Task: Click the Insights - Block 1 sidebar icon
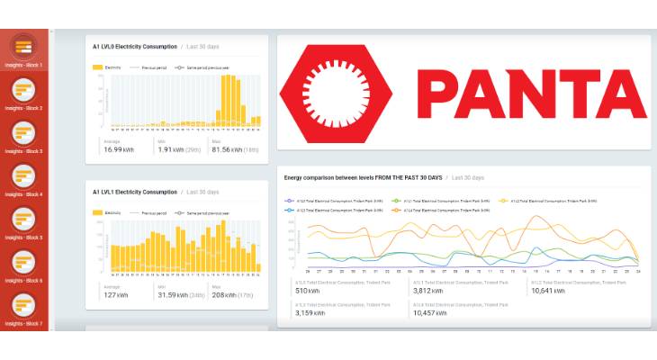[x=24, y=46]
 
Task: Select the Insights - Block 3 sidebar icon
[x=24, y=132]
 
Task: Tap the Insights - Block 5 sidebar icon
[x=24, y=219]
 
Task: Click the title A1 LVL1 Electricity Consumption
[x=135, y=192]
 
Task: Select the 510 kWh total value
[x=307, y=291]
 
